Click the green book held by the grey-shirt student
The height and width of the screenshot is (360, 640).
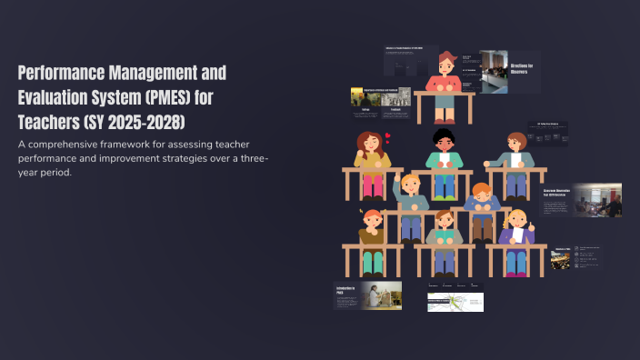coord(445,235)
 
